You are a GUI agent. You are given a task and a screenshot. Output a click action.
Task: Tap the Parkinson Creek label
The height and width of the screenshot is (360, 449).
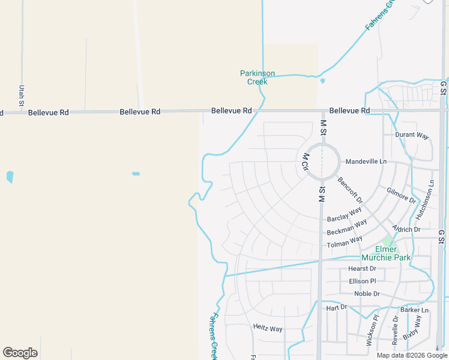pos(258,77)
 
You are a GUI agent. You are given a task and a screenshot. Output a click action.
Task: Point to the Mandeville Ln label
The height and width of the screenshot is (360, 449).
pos(366,162)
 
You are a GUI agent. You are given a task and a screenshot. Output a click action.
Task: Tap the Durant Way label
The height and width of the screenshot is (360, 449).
pos(412,135)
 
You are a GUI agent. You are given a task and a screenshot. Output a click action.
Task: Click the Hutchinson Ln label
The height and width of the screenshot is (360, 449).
pos(423,202)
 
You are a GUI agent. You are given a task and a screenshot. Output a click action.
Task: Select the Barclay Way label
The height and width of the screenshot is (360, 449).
pos(345,215)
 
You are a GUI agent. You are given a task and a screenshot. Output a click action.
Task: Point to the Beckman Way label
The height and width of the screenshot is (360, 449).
pos(347,228)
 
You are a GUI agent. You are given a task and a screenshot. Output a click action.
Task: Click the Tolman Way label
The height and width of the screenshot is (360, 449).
pos(345,242)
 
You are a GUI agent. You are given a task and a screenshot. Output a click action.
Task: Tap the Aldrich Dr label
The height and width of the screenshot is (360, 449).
pos(406,229)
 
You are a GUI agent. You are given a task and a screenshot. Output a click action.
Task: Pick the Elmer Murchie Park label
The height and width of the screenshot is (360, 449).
pos(385,253)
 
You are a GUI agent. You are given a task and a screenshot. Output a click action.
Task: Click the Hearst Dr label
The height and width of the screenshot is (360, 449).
pos(362,269)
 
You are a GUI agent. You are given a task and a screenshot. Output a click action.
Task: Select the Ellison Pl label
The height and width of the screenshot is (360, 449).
pos(362,281)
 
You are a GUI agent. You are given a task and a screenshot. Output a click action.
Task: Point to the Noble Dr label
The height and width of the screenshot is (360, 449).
pos(367,294)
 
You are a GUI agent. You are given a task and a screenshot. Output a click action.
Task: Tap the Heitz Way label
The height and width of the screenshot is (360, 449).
pos(268,329)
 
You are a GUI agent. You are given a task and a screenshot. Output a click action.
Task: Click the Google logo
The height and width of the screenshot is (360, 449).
pos(20,353)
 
